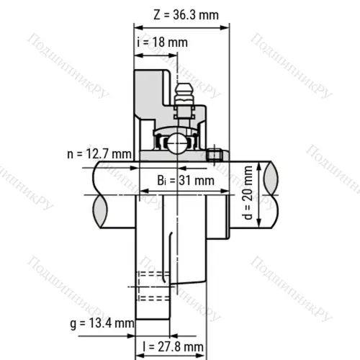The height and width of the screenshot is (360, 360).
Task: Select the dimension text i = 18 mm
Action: tap(162, 42)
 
